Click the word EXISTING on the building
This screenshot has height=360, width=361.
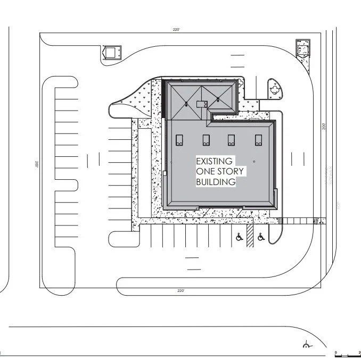point(214,161)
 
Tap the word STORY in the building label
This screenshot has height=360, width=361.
point(232,171)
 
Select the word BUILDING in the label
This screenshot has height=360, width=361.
point(216,182)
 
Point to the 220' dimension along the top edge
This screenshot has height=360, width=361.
point(176,30)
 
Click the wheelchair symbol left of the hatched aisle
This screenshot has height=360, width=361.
point(240,238)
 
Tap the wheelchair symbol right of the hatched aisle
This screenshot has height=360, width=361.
point(260,238)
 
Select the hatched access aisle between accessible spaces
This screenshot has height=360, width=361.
point(250,238)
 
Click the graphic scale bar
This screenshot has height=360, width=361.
point(347,354)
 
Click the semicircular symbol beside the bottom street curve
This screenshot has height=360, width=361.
point(306,346)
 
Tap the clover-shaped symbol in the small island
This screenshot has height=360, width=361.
point(275,87)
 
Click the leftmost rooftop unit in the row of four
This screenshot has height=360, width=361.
point(179,140)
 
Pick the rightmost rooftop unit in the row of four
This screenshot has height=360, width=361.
point(259,140)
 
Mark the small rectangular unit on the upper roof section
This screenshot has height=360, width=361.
point(201,104)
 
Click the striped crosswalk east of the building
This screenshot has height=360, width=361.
point(301,221)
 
